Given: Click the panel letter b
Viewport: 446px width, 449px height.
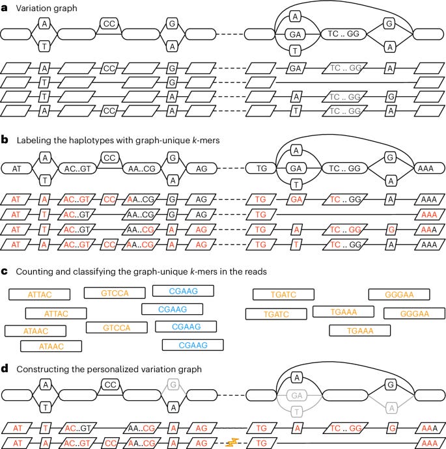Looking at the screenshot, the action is (x=5, y=140).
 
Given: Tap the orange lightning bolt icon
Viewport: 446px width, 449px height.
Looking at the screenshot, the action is (x=232, y=442).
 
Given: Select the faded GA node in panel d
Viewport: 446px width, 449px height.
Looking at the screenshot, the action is (x=296, y=396).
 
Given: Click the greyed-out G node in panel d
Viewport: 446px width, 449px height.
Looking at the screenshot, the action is (x=173, y=385).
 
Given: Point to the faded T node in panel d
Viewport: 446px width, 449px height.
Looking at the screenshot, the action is (x=297, y=412).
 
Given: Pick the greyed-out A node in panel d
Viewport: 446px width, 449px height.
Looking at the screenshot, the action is (x=391, y=408).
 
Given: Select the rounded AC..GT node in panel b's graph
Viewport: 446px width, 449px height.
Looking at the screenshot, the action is (x=77, y=169).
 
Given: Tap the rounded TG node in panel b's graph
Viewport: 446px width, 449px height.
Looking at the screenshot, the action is (x=261, y=169).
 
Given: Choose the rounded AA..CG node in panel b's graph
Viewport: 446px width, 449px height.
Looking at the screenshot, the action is (x=141, y=169).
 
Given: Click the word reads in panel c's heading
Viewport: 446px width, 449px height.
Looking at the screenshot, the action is (x=255, y=271).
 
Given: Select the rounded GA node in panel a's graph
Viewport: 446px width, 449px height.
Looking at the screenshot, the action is (x=295, y=34).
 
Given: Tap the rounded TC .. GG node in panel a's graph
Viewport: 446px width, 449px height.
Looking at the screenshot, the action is (x=343, y=34).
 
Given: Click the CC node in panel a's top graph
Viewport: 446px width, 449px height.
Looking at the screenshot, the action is (x=109, y=23).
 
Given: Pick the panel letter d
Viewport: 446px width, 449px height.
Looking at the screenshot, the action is (x=5, y=368).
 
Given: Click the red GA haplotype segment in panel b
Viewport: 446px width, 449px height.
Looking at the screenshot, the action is (x=296, y=199).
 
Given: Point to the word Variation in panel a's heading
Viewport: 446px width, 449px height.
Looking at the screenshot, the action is (x=33, y=8).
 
